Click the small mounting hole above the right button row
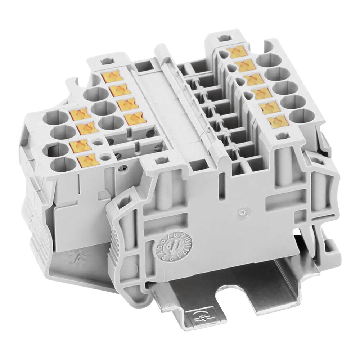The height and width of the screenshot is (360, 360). point(224,37)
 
